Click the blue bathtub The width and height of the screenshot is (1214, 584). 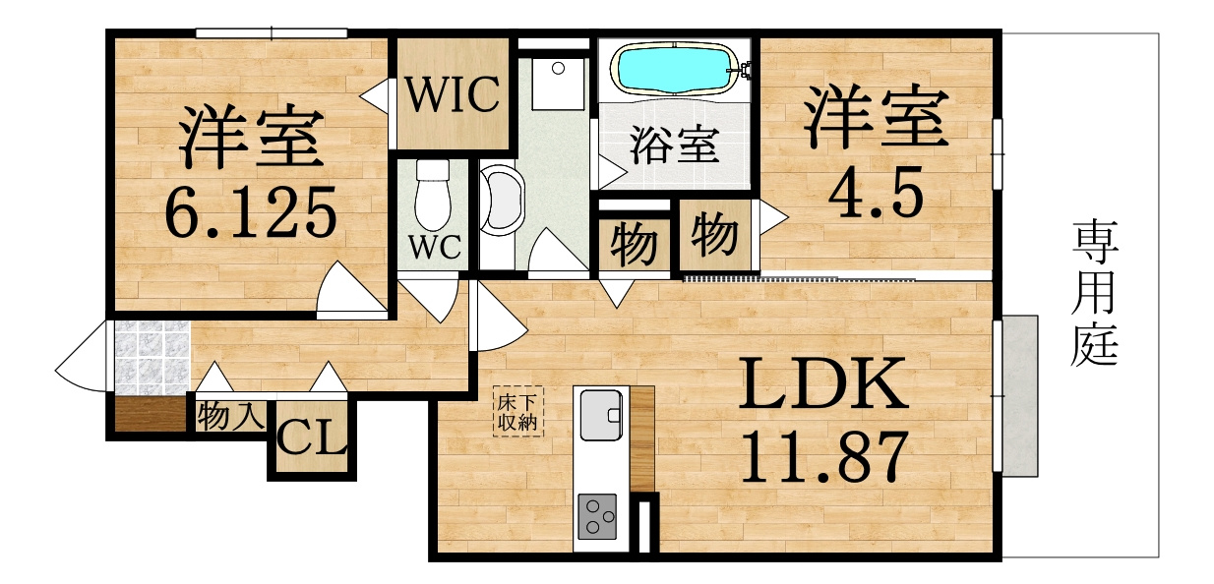point(676,69)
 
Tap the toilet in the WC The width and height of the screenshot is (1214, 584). point(433,194)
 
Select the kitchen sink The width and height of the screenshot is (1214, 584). point(601,416)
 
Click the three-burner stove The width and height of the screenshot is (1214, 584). point(597,516)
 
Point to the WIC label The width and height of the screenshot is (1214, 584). point(453,95)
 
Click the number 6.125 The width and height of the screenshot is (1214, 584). point(251,213)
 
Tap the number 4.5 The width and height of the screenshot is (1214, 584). point(876,192)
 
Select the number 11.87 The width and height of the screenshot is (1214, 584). point(823,456)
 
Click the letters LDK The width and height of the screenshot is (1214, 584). point(823,383)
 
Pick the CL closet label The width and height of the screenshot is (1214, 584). point(312,437)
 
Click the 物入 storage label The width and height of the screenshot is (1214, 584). point(230,416)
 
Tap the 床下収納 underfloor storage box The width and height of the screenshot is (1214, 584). point(518,411)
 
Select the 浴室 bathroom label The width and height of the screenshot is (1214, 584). point(674,145)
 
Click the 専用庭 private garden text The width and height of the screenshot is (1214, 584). point(1095,293)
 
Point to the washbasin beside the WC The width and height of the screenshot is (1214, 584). point(501,200)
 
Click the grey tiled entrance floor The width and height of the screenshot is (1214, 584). point(152,358)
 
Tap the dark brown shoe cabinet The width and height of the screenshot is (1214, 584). point(151,414)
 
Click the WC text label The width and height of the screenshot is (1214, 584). point(435,248)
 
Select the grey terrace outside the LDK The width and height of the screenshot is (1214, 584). point(1020,396)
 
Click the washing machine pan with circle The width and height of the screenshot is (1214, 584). point(558,84)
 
